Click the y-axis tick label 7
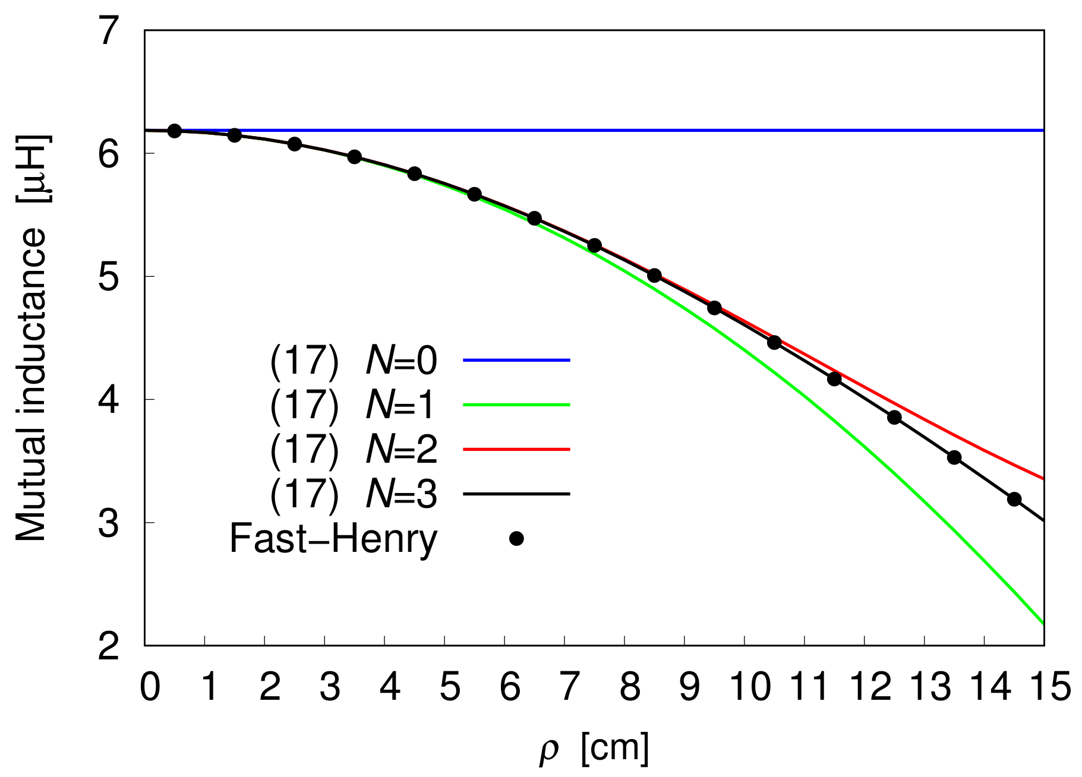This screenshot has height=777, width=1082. pyautogui.click(x=109, y=31)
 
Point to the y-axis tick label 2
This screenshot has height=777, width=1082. pyautogui.click(x=109, y=646)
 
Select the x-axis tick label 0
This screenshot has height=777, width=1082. pyautogui.click(x=150, y=687)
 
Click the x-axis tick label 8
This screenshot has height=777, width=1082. pyautogui.click(x=630, y=687)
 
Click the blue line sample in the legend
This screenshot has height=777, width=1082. pyautogui.click(x=516, y=360)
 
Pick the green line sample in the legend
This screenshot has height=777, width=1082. pyautogui.click(x=516, y=405)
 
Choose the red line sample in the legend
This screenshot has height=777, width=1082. pyautogui.click(x=516, y=449)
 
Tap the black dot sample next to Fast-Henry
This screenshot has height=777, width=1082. pyautogui.click(x=516, y=539)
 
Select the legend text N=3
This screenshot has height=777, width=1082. pyautogui.click(x=402, y=494)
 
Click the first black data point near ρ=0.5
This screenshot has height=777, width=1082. pyautogui.click(x=174, y=131)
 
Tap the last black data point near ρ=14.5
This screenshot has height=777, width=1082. pyautogui.click(x=1014, y=499)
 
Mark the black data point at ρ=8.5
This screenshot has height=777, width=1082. pyautogui.click(x=654, y=276)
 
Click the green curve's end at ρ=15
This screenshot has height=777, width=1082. pyautogui.click(x=1043, y=623)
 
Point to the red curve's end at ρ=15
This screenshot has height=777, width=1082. pyautogui.click(x=1043, y=478)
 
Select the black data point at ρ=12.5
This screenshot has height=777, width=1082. pyautogui.click(x=894, y=418)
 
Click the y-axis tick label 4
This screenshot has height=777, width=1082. pyautogui.click(x=109, y=400)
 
